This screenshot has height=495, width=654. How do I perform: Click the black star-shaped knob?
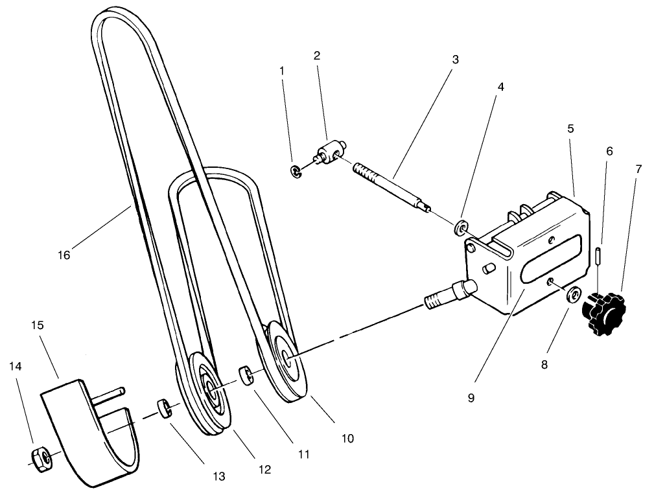click(x=604, y=312)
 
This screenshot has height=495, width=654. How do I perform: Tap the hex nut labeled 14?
click(x=41, y=459)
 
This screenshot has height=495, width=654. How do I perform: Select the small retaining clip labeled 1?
click(x=295, y=171)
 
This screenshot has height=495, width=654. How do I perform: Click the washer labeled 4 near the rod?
click(x=461, y=227)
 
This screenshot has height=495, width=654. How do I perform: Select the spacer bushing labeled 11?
click(x=246, y=375)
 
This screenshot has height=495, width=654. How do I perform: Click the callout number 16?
click(x=64, y=255)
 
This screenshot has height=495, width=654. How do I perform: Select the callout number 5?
click(x=570, y=128)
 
